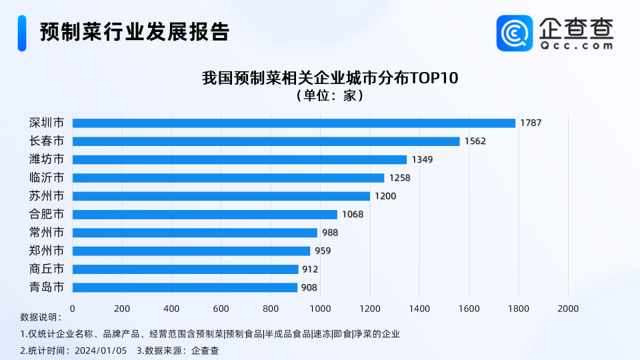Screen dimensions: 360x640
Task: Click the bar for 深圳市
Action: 293,123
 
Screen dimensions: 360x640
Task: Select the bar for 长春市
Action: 266,141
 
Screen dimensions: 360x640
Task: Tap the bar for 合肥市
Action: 205,215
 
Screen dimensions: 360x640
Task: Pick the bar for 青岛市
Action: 185,287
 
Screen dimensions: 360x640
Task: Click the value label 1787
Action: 531,123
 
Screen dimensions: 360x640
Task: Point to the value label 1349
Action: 423,160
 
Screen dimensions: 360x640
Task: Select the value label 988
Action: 330,233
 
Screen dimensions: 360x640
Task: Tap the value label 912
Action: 310,269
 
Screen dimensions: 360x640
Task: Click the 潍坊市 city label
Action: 47,159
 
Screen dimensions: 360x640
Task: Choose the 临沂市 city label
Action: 47,178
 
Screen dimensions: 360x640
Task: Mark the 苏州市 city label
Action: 47,196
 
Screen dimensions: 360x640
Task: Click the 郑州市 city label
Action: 47,251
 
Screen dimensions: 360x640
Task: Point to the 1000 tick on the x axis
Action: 320,309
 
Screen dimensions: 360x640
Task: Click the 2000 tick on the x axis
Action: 568,309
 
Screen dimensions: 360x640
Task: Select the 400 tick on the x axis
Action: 171,309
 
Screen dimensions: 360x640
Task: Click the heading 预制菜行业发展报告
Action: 134,32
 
